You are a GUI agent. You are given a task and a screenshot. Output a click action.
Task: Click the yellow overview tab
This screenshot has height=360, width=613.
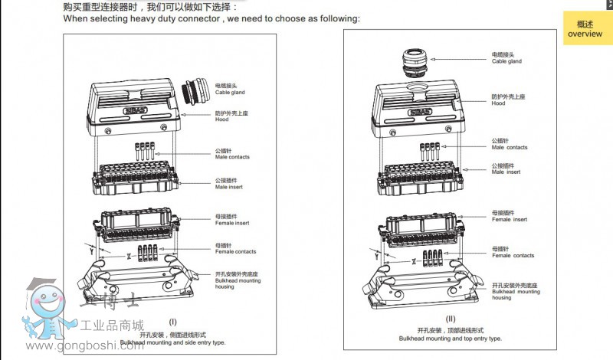587,28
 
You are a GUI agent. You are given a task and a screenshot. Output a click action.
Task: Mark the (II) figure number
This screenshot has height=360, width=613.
450,319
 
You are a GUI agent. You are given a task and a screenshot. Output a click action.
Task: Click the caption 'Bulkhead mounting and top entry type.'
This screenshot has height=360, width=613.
450,338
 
